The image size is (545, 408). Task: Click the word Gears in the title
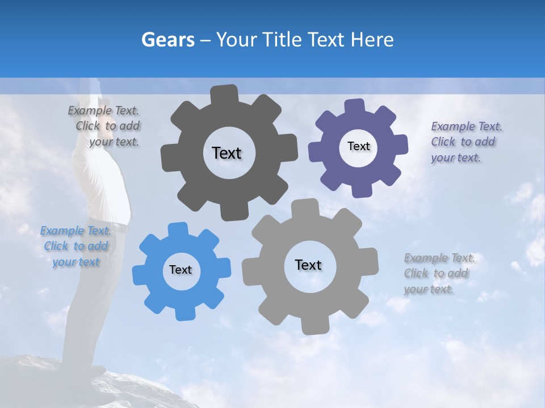click(167, 40)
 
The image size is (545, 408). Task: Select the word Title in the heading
click(282, 40)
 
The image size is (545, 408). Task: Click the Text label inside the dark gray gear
click(227, 153)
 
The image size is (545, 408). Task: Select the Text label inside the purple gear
click(358, 146)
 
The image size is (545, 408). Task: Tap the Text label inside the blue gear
click(180, 270)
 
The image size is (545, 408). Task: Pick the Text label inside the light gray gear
click(308, 265)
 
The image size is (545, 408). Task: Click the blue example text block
click(75, 246)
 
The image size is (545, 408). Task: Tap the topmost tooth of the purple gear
click(355, 106)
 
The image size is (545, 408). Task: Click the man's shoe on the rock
click(91, 371)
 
